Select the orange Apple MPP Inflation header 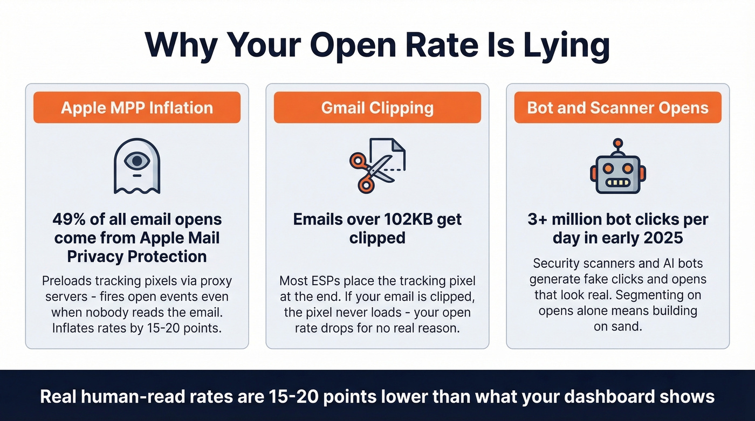tap(137, 107)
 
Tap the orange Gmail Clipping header tap(377, 107)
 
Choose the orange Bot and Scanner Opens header tap(617, 107)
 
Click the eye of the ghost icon tap(138, 160)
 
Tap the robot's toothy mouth tap(617, 182)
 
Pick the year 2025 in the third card tap(664, 238)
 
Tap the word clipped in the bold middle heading tap(377, 238)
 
